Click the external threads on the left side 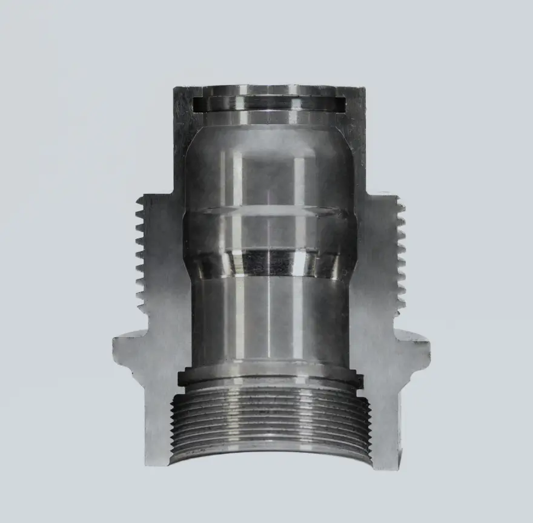point(141,254)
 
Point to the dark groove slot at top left point(200,104)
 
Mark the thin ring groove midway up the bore point(270,211)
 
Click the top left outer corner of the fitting point(175,89)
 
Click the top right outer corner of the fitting point(365,89)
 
